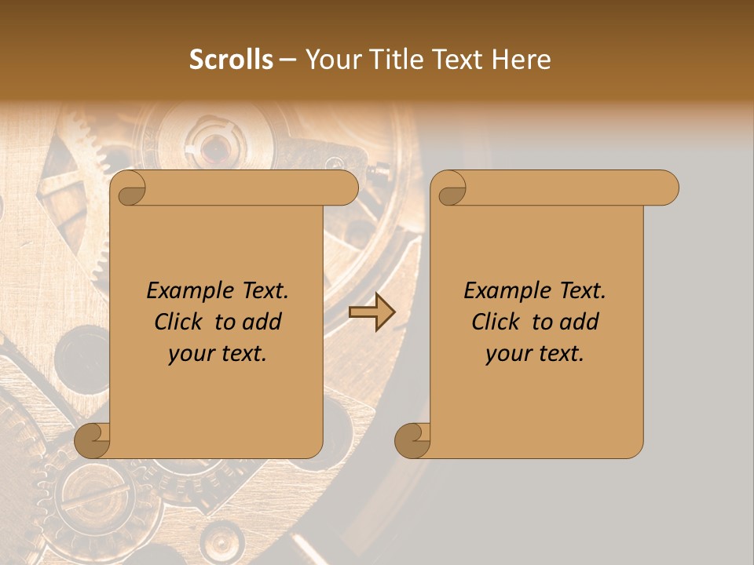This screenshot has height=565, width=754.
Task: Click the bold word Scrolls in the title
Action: coord(232,60)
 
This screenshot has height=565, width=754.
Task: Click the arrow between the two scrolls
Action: coord(372,312)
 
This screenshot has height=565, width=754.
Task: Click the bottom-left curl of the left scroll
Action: coord(93,440)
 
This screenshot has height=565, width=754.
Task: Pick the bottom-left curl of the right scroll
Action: coord(412,440)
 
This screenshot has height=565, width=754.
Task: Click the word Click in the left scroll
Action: coord(180,322)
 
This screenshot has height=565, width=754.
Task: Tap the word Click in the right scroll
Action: coord(496,322)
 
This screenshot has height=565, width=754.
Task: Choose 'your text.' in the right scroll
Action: coord(535,353)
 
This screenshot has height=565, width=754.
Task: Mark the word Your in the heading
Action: coord(329,60)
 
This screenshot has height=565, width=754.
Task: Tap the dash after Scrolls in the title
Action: coord(288,60)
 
